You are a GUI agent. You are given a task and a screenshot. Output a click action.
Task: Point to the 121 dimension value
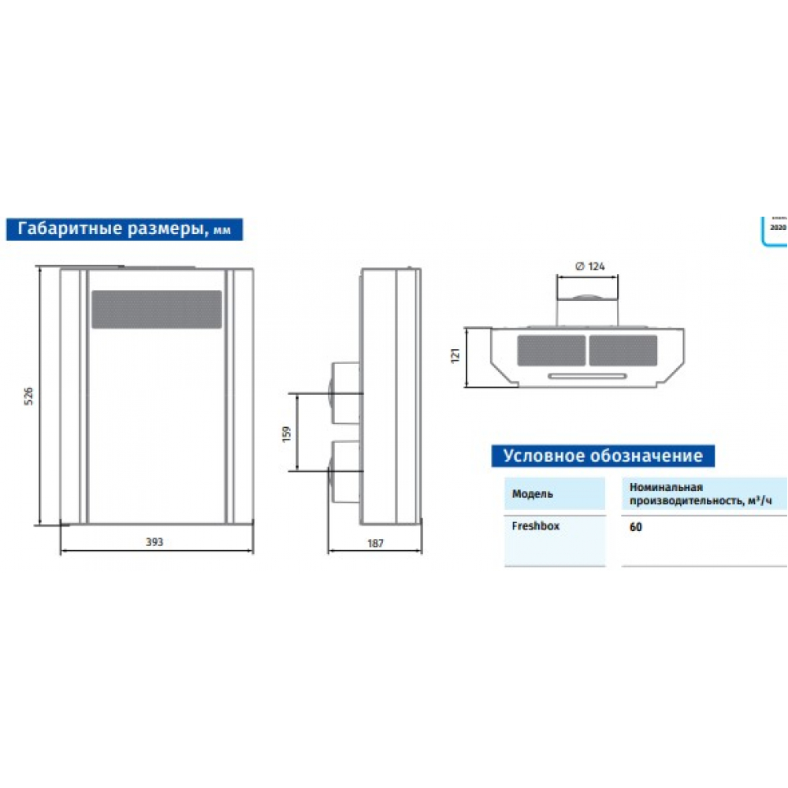pyautogui.click(x=455, y=357)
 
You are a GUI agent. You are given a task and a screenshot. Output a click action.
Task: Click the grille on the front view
pyautogui.click(x=156, y=309)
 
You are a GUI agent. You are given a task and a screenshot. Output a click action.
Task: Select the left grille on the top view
pyautogui.click(x=552, y=350)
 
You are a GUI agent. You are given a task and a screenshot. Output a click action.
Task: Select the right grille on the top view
pyautogui.click(x=623, y=350)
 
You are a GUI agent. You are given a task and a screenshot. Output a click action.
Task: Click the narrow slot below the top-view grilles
pyautogui.click(x=587, y=375)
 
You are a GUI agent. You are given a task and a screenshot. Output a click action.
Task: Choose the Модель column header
pyautogui.click(x=532, y=494)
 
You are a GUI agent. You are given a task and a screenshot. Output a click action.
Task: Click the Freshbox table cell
pyautogui.click(x=536, y=526)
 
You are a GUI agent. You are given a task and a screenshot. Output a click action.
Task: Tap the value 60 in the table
pyautogui.click(x=635, y=527)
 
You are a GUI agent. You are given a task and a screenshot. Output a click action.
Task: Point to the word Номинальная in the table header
pyautogui.click(x=665, y=488)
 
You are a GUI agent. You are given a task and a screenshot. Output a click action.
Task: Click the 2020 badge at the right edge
pyautogui.click(x=778, y=227)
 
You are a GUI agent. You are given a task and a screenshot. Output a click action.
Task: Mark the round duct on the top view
pyautogui.click(x=587, y=299)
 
